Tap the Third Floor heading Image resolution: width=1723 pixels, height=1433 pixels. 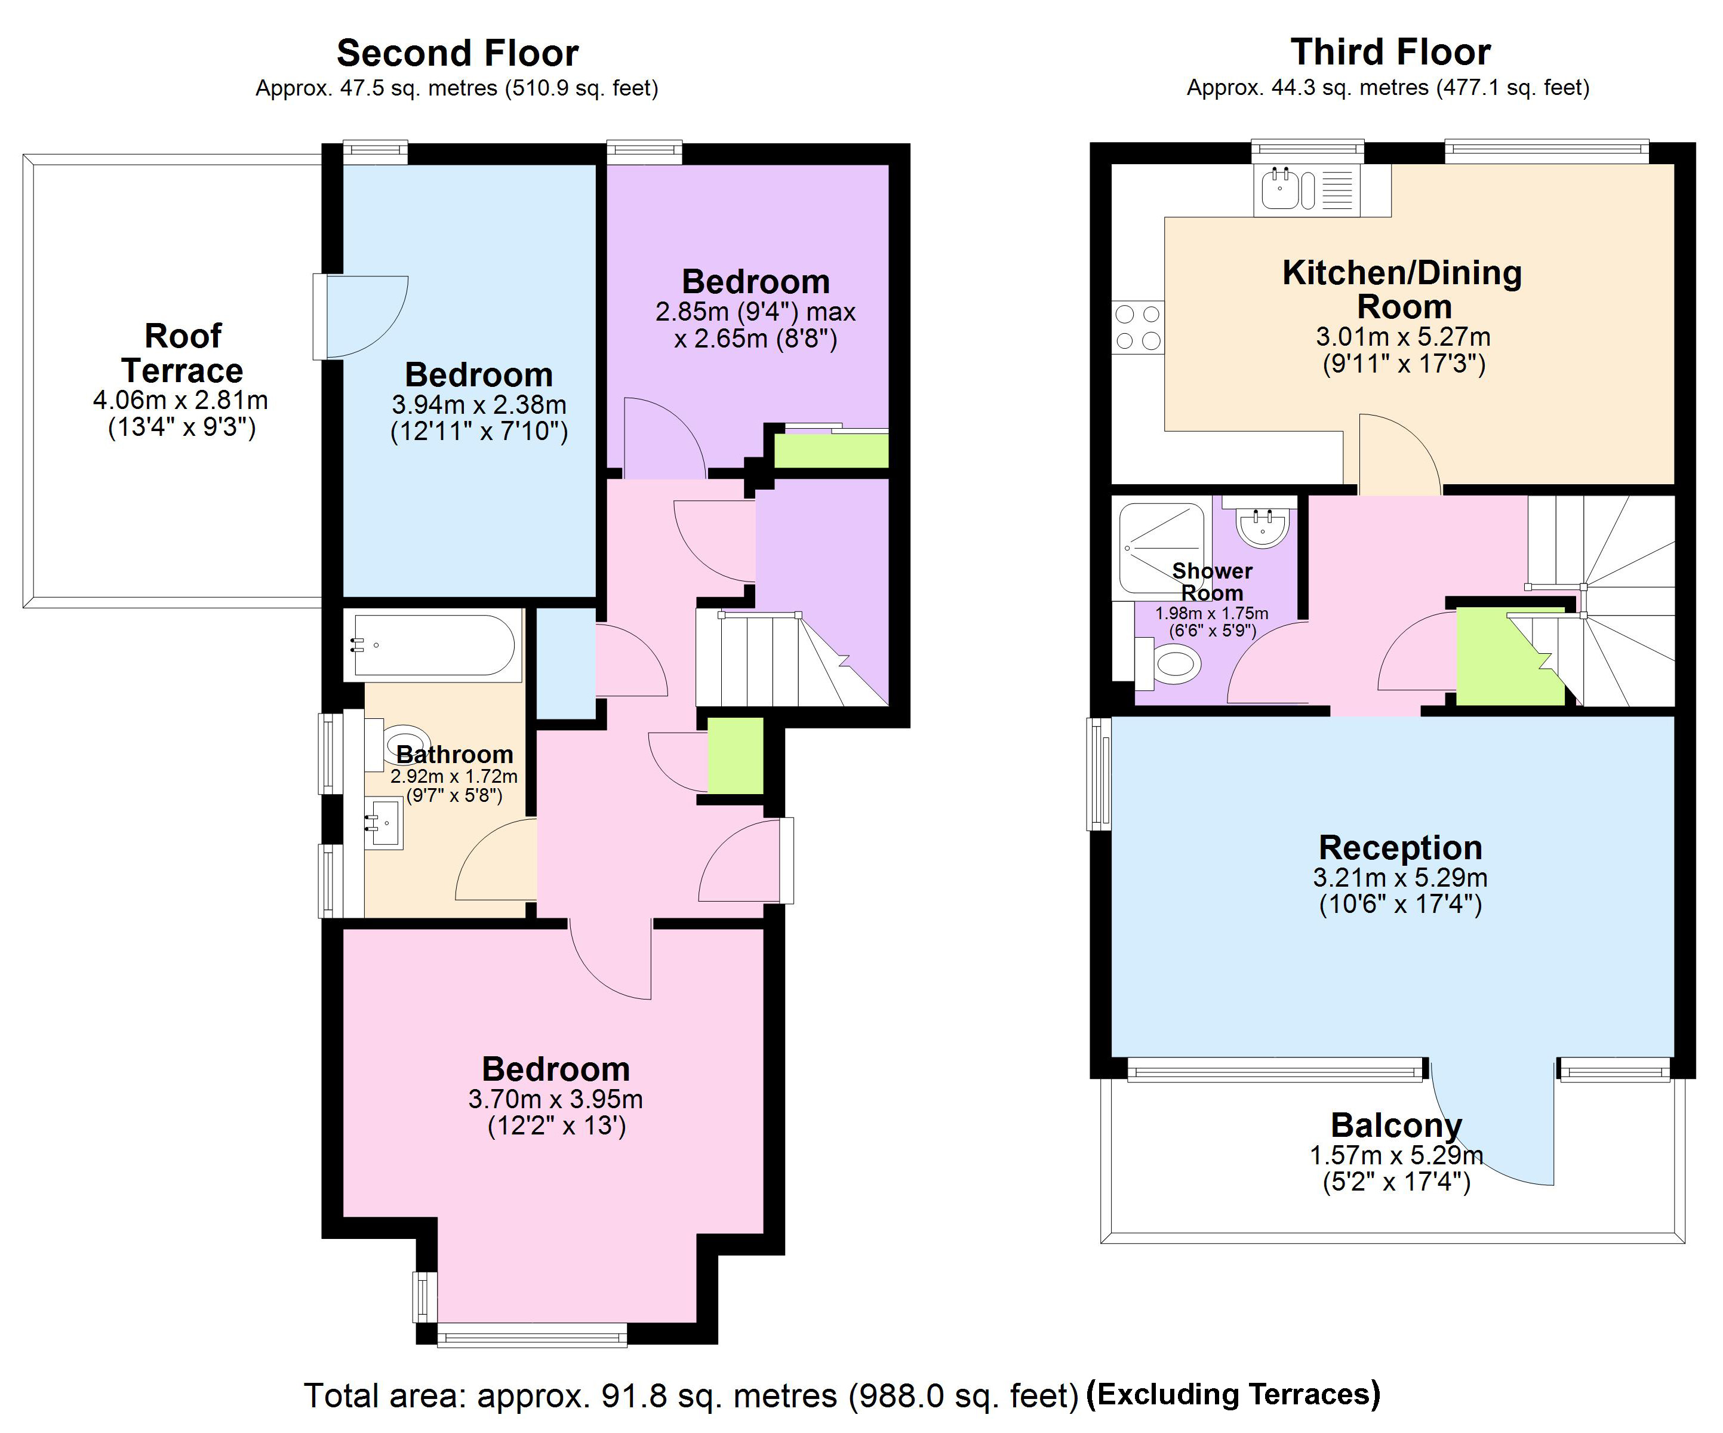[x=1390, y=53]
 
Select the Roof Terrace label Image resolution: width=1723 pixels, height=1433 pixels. [x=182, y=353]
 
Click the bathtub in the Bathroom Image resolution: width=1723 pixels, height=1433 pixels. [x=432, y=645]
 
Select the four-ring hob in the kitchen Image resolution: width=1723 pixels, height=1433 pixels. [x=1138, y=327]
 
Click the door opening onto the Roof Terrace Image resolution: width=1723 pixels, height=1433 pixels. [x=361, y=316]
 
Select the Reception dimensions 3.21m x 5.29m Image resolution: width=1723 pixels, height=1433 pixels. [x=1400, y=877]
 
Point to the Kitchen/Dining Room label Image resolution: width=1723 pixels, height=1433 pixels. [x=1402, y=289]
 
